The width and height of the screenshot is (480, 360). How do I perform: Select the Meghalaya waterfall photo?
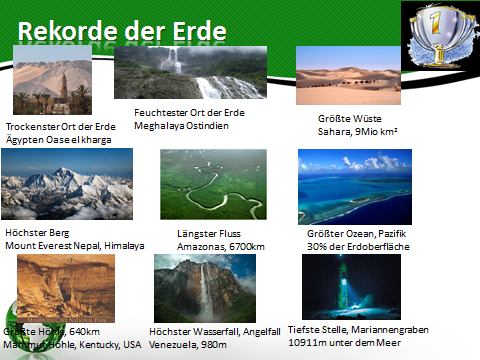tap(186, 71)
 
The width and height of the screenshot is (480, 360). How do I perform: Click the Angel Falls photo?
tap(204, 288)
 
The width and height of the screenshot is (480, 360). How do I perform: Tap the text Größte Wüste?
tap(337, 118)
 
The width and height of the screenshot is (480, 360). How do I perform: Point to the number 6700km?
tap(245, 245)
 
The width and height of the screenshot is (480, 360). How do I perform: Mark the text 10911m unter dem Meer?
tap(358, 341)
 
